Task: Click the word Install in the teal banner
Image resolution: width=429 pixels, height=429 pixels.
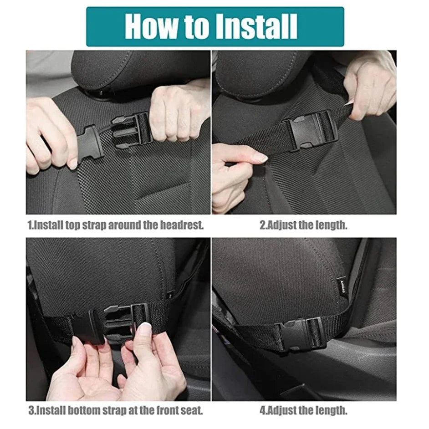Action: tap(256, 26)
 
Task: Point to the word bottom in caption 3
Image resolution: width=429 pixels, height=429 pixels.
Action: tap(84, 411)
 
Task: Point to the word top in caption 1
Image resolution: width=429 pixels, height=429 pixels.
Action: tap(72, 226)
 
